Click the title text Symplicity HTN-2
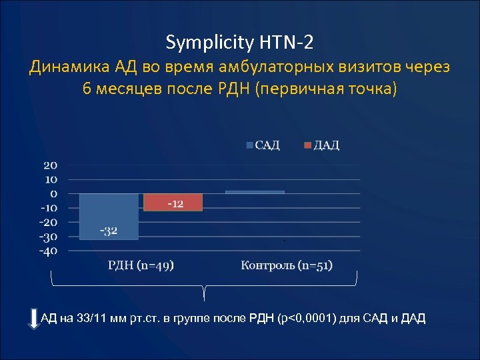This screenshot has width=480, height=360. [x=239, y=43]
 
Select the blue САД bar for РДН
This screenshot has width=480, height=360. [x=109, y=216]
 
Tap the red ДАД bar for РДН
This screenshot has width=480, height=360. [x=173, y=202]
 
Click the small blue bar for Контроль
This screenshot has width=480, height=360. [x=255, y=192]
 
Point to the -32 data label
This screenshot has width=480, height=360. [x=109, y=231]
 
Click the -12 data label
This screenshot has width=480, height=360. [x=175, y=203]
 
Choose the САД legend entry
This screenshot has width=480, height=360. [x=263, y=145]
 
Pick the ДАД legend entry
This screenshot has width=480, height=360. [x=322, y=145]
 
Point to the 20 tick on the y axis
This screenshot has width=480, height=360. [x=51, y=165]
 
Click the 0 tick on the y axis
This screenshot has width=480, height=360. [x=54, y=193]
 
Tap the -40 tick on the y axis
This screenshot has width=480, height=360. [x=48, y=251]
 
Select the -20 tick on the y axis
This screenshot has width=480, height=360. [x=48, y=222]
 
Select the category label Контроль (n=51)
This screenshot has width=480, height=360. [x=287, y=266]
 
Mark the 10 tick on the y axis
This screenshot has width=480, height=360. [x=51, y=179]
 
